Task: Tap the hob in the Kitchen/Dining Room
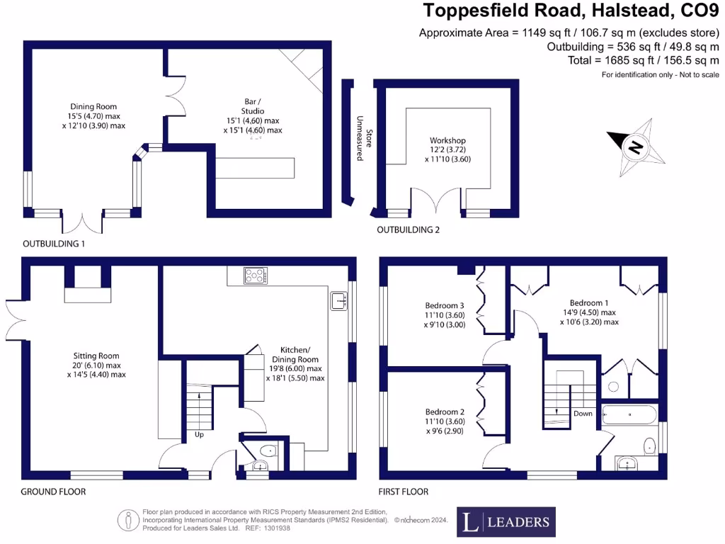pyautogui.click(x=256, y=276)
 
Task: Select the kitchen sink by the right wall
pyautogui.click(x=339, y=300)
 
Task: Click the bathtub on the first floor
pyautogui.click(x=629, y=415)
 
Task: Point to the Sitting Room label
pyautogui.click(x=96, y=356)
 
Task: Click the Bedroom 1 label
pyautogui.click(x=589, y=303)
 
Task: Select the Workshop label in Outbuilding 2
pyautogui.click(x=447, y=140)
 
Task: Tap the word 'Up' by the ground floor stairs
pyautogui.click(x=199, y=434)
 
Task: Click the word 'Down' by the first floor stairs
pyautogui.click(x=583, y=414)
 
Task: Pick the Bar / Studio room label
pyautogui.click(x=253, y=106)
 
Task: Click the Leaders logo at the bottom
pyautogui.click(x=506, y=522)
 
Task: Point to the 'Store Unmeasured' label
pyautogui.click(x=364, y=138)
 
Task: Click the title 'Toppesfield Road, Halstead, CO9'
pyautogui.click(x=571, y=10)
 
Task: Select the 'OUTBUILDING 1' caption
pyautogui.click(x=54, y=244)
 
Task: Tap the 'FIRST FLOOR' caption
pyautogui.click(x=403, y=492)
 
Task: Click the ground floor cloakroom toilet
pyautogui.click(x=268, y=450)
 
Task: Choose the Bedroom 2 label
pyautogui.click(x=445, y=412)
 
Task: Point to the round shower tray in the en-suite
pyautogui.click(x=614, y=387)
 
